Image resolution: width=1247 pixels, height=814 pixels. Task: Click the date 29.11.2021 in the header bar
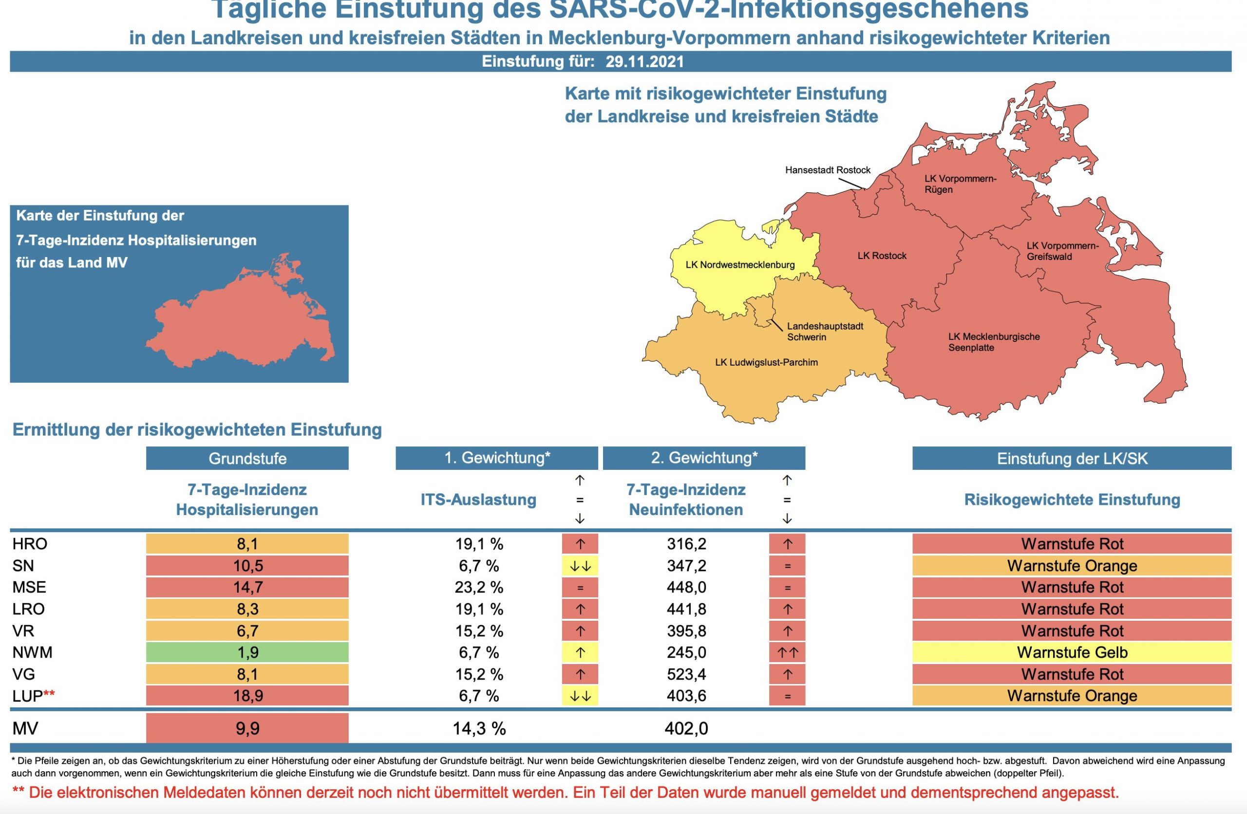click(x=644, y=62)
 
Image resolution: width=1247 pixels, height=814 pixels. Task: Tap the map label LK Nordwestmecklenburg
click(x=740, y=265)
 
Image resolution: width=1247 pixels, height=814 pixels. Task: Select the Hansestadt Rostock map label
click(x=827, y=170)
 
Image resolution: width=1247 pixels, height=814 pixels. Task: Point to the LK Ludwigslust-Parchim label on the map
click(x=766, y=363)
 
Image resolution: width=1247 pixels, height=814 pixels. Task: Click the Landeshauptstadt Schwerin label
click(x=825, y=332)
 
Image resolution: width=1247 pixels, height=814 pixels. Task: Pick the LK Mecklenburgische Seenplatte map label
click(x=993, y=342)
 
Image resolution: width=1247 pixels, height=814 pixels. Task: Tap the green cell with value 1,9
click(x=247, y=653)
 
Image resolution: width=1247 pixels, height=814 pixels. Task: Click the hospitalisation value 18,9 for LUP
click(x=247, y=696)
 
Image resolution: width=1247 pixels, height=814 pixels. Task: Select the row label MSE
click(x=29, y=587)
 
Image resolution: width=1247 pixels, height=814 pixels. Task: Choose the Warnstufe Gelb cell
click(x=1072, y=653)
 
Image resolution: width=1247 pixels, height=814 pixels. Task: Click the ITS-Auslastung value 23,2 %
click(x=478, y=588)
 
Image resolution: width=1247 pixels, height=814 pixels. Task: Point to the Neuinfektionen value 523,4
click(x=686, y=675)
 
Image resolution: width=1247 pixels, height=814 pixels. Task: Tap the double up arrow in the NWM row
click(x=787, y=653)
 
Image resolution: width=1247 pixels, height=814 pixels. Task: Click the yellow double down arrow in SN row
click(x=580, y=566)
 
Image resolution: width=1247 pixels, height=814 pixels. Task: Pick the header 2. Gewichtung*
click(x=704, y=458)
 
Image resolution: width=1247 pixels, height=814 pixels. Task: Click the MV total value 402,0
click(x=686, y=729)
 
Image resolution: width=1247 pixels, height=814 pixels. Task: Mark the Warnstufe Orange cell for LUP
click(x=1072, y=696)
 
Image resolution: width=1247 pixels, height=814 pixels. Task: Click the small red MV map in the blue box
click(x=241, y=319)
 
